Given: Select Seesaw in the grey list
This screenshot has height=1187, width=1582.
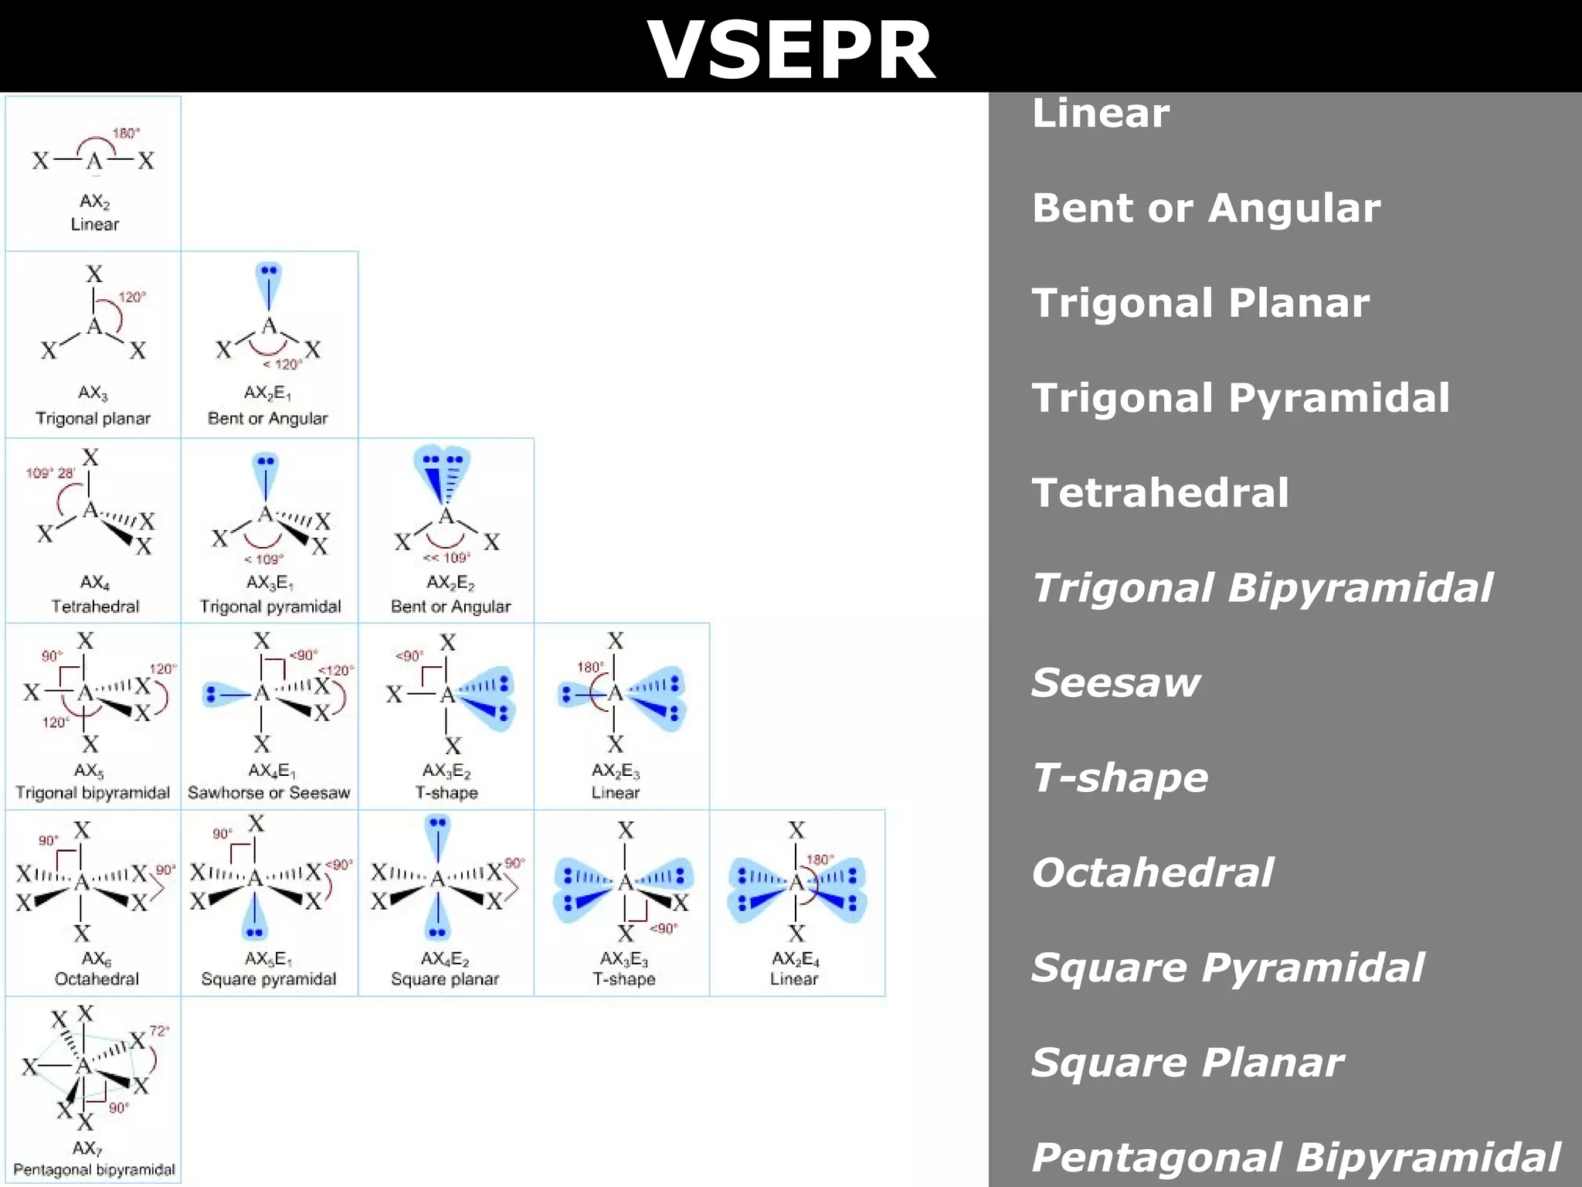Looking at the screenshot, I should (1115, 683).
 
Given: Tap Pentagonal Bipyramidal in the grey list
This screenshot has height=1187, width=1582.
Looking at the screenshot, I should (1295, 1158).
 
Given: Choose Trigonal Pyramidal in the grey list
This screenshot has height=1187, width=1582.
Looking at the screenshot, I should (1241, 398).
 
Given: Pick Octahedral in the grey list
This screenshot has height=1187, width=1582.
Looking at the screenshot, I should (1152, 873).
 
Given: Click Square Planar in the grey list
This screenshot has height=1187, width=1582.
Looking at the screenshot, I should (1187, 1063).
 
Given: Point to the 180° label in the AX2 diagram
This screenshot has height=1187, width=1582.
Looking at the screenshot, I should (126, 133).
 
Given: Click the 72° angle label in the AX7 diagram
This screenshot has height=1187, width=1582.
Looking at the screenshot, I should (159, 1031).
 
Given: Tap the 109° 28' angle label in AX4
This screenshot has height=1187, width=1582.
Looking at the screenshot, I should (50, 473).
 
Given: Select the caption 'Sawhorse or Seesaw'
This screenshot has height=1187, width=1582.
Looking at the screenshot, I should (269, 793).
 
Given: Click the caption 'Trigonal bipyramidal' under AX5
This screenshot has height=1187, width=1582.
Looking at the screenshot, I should (93, 793).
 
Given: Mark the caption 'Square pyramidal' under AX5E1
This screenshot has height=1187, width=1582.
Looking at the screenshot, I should (269, 979).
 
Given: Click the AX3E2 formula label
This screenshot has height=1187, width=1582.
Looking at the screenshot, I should (446, 770).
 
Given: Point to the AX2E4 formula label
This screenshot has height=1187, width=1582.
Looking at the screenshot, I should (795, 959).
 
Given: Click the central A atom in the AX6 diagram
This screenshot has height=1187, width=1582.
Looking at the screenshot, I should (81, 882).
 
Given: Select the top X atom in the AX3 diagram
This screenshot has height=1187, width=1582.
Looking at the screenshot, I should (94, 274).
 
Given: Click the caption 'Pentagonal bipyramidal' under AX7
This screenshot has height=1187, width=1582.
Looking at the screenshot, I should (94, 1170).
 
